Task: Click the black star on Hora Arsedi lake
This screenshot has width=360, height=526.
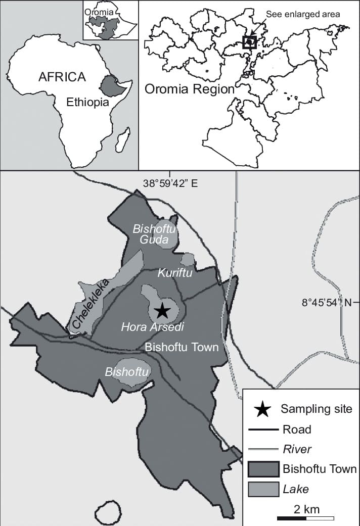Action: (x=162, y=310)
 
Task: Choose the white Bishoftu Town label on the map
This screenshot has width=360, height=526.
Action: (x=182, y=347)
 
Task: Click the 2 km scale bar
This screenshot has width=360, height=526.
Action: (x=305, y=518)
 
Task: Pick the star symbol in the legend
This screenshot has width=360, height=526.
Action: (x=261, y=409)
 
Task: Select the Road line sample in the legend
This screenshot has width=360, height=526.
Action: (x=263, y=429)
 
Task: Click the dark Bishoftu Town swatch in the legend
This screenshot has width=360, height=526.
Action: (x=263, y=469)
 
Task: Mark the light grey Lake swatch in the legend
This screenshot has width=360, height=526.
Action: (x=263, y=489)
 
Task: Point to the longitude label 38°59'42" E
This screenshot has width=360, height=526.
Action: (x=170, y=183)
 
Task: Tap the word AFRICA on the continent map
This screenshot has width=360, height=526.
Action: (x=62, y=77)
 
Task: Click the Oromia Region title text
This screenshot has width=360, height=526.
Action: (x=190, y=89)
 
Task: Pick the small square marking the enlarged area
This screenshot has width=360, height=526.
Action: (x=250, y=42)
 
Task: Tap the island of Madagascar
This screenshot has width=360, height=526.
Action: (x=122, y=140)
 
